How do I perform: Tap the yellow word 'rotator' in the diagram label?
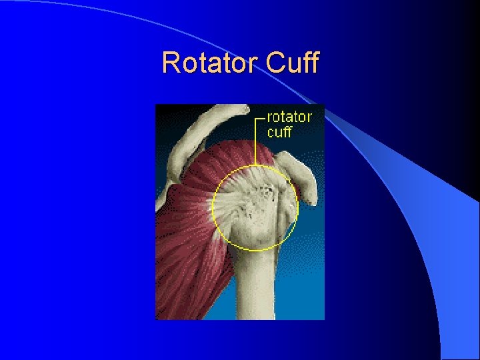289,117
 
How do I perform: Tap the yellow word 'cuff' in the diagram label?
279,131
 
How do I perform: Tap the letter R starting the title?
171,63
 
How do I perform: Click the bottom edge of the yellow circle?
255,250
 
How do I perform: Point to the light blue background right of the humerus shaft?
303,280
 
